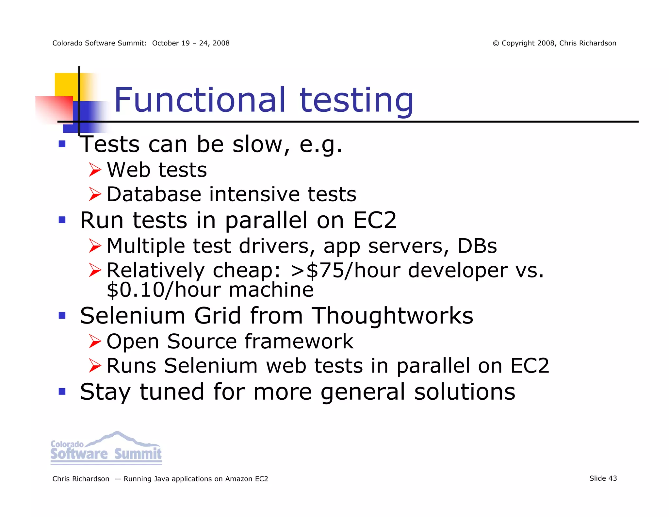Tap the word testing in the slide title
356,101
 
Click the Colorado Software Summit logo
106,448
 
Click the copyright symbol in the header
496,43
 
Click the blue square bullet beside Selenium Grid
62,315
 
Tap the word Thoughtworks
392,316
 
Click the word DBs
477,246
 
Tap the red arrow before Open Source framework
95,342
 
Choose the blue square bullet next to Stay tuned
62,391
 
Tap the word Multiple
146,246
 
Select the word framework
299,342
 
